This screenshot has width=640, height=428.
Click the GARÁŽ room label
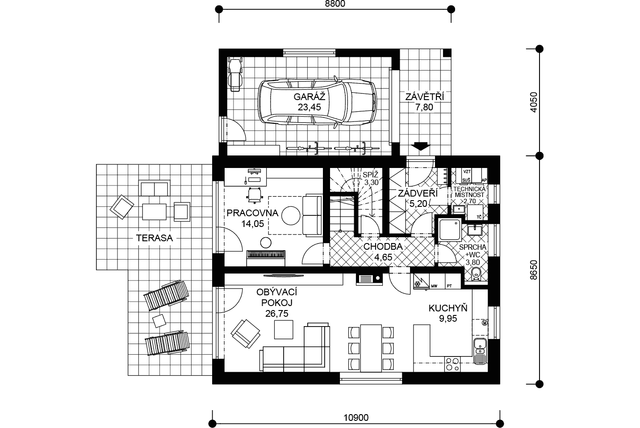310,97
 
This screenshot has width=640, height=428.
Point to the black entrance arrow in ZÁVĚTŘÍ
421,146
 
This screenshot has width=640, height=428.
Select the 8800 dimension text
335,4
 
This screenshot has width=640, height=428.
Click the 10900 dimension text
356,418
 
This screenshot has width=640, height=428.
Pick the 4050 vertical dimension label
534,102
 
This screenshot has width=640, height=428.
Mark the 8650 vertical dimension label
534,270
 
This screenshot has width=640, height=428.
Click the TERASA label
154,238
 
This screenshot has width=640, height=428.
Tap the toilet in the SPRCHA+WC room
476,274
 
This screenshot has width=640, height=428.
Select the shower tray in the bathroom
450,230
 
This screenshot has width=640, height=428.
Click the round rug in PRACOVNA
291,216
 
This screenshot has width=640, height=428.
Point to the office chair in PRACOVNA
255,195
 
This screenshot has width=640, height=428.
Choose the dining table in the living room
371,348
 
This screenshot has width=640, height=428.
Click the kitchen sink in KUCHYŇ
480,351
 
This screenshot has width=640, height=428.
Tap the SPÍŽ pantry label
371,175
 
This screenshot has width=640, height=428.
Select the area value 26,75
276,314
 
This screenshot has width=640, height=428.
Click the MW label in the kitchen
434,286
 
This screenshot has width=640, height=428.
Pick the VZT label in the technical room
467,172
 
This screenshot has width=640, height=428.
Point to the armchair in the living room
246,333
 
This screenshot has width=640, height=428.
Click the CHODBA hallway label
383,247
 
